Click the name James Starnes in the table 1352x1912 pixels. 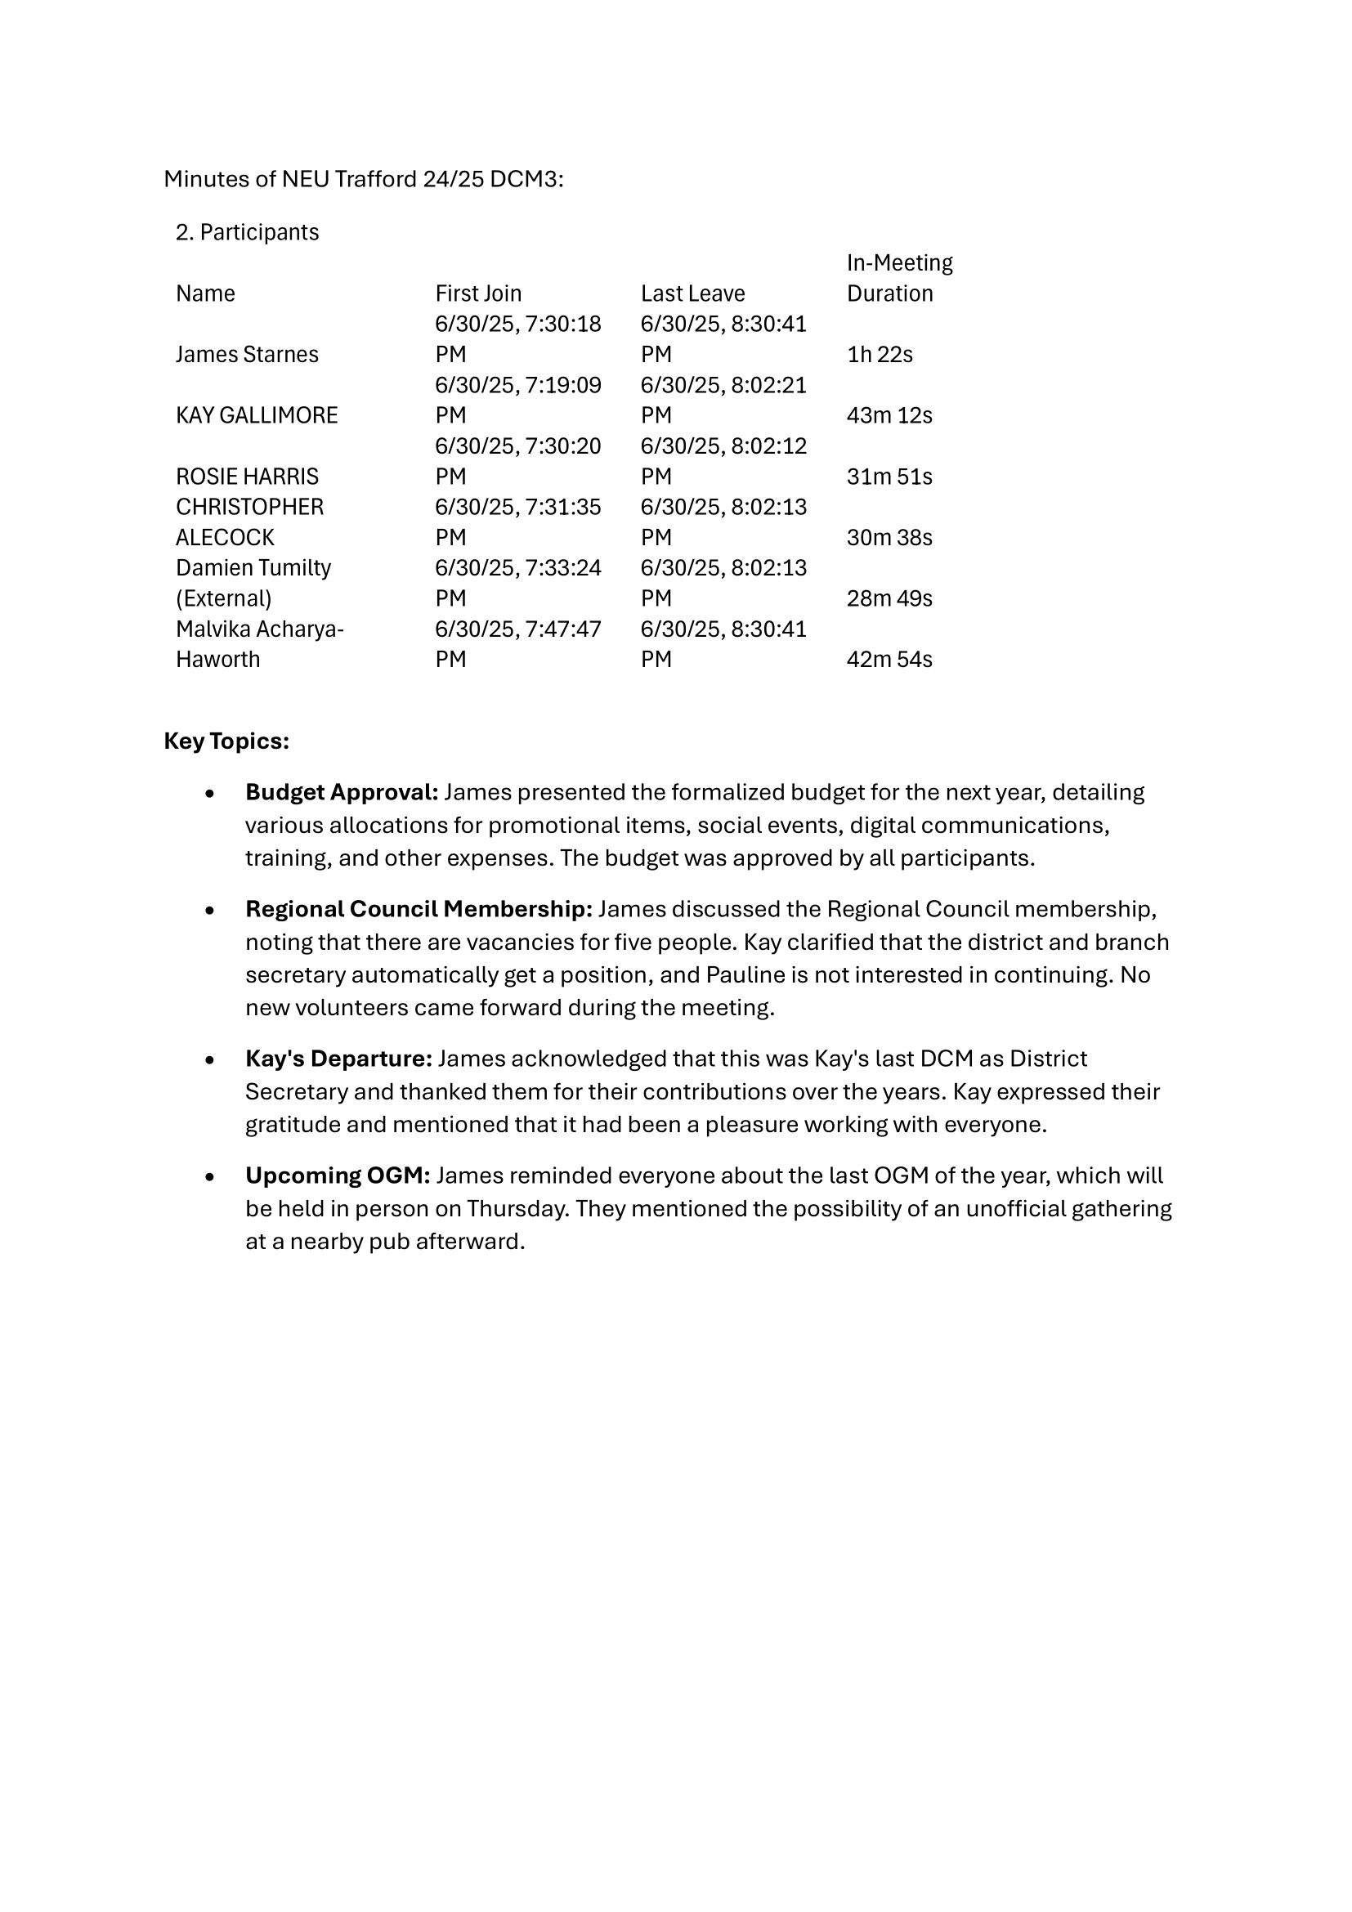pos(246,355)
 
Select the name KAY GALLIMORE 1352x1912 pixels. pos(257,415)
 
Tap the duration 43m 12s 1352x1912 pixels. pos(889,415)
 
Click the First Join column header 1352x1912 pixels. pos(478,294)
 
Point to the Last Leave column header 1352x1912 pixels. pos(692,294)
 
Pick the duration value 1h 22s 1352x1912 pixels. pos(880,355)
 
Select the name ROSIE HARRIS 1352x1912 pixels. pos(246,477)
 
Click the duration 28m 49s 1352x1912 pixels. pos(889,598)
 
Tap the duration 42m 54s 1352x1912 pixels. pos(889,660)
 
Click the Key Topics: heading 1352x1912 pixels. pos(226,741)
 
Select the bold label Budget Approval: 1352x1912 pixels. pos(342,792)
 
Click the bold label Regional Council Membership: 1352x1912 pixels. pos(418,909)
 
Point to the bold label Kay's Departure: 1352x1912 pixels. pos(338,1059)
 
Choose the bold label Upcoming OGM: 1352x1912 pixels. pos(337,1175)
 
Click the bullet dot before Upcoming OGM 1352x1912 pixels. pos(210,1177)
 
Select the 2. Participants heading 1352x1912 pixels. pos(247,232)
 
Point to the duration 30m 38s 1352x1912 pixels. pos(889,538)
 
